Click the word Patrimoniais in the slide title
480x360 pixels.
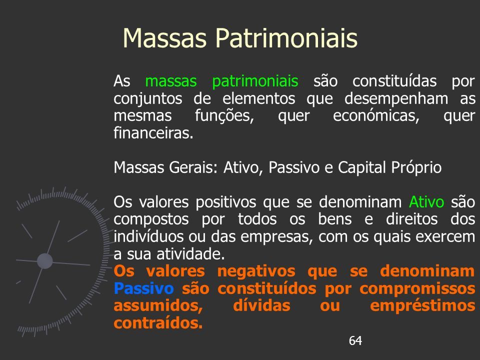286,38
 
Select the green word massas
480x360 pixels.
171,81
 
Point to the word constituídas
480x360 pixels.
394,81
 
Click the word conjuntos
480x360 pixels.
148,99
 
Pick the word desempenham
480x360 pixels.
396,99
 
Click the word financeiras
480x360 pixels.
153,133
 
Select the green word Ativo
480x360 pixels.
426,202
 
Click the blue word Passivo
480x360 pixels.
143,288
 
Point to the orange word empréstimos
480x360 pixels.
422,306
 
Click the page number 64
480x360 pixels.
355,340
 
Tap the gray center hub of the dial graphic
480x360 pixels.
45,261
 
